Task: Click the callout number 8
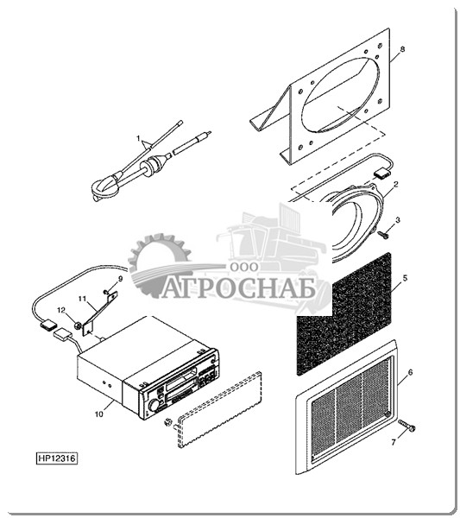(x=402, y=49)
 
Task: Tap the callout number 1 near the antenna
(x=139, y=138)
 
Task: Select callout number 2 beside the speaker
(x=396, y=184)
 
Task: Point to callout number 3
(x=398, y=219)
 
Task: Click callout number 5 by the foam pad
(x=405, y=278)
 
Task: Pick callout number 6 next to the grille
(x=411, y=372)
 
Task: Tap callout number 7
(x=394, y=442)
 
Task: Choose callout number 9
(x=120, y=279)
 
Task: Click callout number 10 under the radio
(x=99, y=414)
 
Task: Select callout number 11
(x=82, y=299)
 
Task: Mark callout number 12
(x=61, y=310)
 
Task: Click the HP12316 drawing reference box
(x=57, y=458)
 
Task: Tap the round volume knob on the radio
(x=154, y=406)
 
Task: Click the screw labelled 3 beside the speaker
(x=384, y=235)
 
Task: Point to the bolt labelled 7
(x=406, y=426)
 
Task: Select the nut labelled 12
(x=78, y=325)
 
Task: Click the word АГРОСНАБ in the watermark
(x=239, y=288)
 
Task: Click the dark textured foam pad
(x=344, y=314)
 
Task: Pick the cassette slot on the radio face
(x=181, y=381)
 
